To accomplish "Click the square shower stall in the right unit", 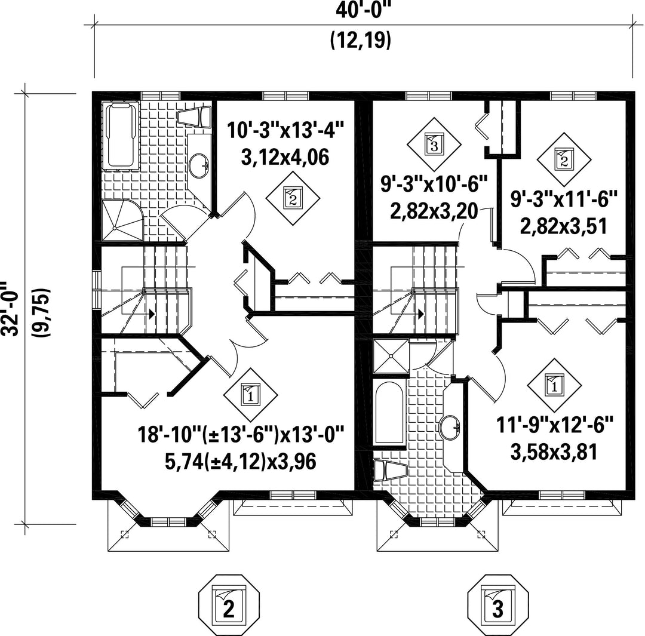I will (x=391, y=357).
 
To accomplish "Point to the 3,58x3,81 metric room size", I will (x=555, y=451).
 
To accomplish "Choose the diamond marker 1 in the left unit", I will (x=250, y=394).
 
